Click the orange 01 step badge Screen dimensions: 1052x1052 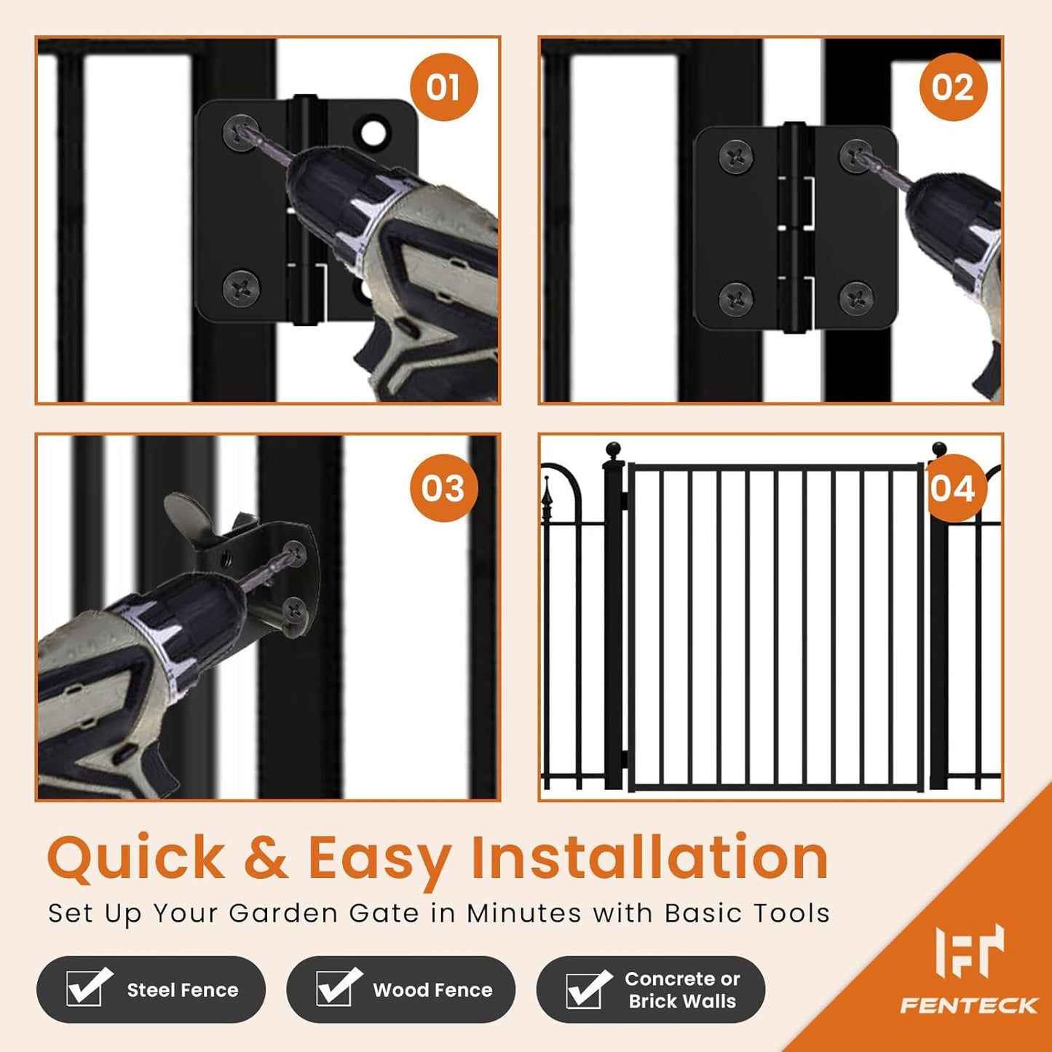pyautogui.click(x=443, y=87)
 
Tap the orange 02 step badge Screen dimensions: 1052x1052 pyautogui.click(x=953, y=87)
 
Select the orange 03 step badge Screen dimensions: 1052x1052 pyautogui.click(x=443, y=488)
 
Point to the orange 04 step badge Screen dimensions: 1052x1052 pyautogui.click(x=953, y=488)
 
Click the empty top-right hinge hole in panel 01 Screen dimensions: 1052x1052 pyautogui.click(x=373, y=133)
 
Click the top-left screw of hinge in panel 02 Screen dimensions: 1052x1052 pyautogui.click(x=736, y=157)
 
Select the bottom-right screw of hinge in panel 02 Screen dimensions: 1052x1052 pyautogui.click(x=857, y=298)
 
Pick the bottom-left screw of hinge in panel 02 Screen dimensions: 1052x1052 pyautogui.click(x=736, y=298)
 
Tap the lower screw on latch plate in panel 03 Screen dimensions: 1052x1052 pyautogui.click(x=295, y=609)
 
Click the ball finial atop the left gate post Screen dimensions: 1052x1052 pyautogui.click(x=614, y=448)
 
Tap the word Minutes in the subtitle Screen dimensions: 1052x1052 pyautogui.click(x=524, y=913)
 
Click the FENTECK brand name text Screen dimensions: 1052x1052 pyautogui.click(x=969, y=1006)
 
